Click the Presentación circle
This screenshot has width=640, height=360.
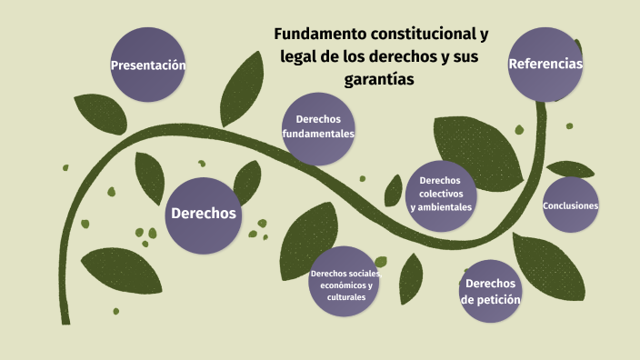pos(148,65)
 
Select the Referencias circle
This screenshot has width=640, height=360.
pos(545,64)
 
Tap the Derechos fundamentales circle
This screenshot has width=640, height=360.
pos(318,127)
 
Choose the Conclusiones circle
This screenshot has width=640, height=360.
pos(570,205)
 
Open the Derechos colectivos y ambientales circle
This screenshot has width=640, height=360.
pos(441,193)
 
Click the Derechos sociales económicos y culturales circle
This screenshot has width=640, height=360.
pos(345,285)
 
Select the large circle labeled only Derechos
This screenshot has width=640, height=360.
pos(204,215)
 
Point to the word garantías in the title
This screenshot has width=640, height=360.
pos(379,80)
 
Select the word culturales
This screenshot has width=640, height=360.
pos(346,297)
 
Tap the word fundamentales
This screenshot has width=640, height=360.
pos(318,134)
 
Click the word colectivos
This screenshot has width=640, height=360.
pos(441,194)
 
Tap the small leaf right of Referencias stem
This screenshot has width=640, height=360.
pos(572,169)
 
